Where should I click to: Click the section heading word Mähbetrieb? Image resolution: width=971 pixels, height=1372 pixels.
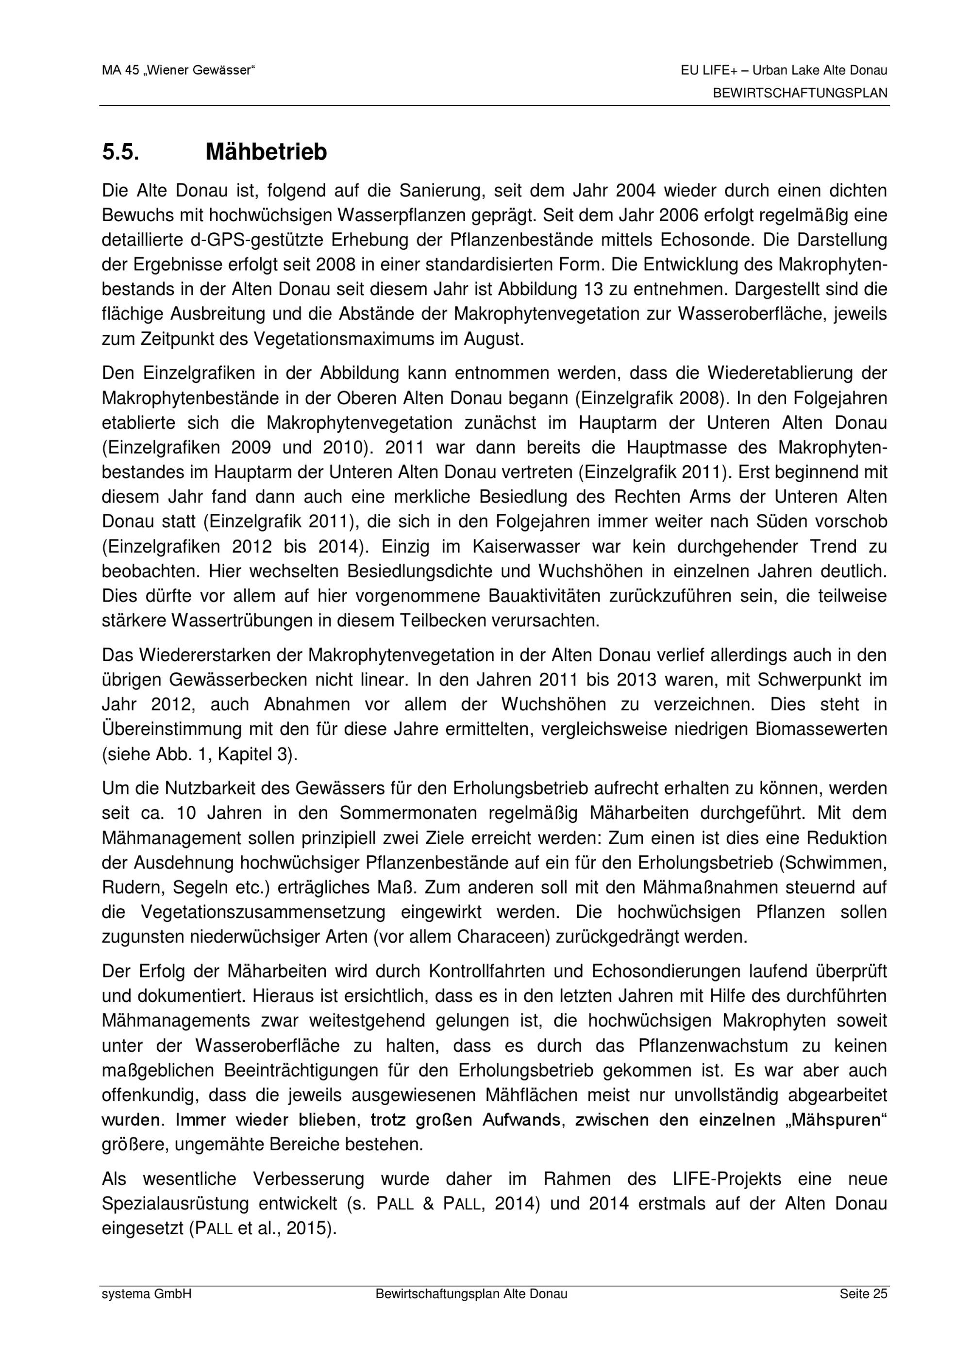click(x=266, y=152)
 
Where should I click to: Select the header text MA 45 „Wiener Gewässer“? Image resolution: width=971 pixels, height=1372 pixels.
click(x=178, y=70)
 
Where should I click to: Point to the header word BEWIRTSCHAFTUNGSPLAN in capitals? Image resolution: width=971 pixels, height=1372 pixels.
click(x=800, y=94)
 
